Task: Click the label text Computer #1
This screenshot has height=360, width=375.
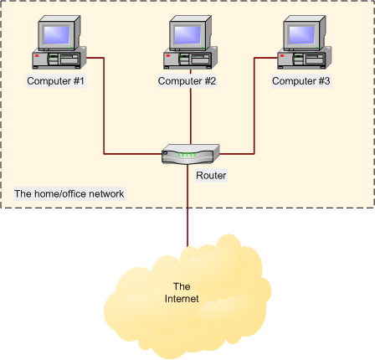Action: [55, 81]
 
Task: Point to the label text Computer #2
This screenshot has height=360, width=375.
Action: [187, 81]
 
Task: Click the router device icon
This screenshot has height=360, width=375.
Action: [190, 153]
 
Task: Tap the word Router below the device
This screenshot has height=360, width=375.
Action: [211, 176]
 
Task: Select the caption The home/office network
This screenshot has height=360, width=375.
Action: [69, 194]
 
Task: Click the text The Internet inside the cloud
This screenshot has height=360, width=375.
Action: [182, 293]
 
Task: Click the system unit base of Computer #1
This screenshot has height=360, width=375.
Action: [57, 60]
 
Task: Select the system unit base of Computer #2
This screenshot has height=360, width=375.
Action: [189, 60]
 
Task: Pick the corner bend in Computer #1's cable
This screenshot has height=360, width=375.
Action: [105, 153]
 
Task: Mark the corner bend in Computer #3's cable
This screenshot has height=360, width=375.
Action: [254, 153]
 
